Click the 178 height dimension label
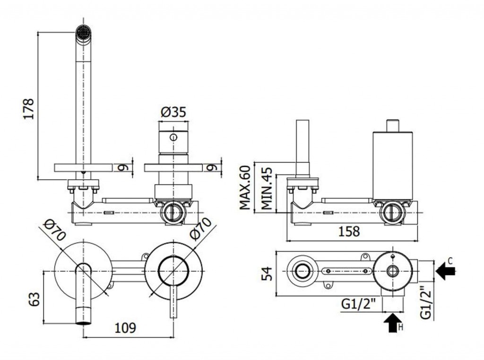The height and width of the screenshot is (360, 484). pyautogui.click(x=28, y=109)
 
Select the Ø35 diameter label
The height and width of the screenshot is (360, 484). pyautogui.click(x=173, y=112)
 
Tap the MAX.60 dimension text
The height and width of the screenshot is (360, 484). pyautogui.click(x=245, y=188)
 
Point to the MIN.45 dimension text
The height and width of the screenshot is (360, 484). pyautogui.click(x=267, y=188)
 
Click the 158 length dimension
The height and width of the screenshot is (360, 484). pyautogui.click(x=349, y=231)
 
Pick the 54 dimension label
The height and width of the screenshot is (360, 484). pyautogui.click(x=267, y=273)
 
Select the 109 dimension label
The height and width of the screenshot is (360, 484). pyautogui.click(x=125, y=328)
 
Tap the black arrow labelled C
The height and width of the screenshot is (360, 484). pyautogui.click(x=446, y=271)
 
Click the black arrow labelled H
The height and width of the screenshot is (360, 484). pyautogui.click(x=393, y=322)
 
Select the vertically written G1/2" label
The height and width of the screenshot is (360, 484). pyautogui.click(x=426, y=302)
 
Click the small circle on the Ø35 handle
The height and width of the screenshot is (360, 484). pyautogui.click(x=173, y=137)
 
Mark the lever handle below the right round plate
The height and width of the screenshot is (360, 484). pyautogui.click(x=173, y=302)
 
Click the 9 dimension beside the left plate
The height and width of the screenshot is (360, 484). pyautogui.click(x=123, y=167)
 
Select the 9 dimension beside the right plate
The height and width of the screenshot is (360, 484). pyautogui.click(x=212, y=167)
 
